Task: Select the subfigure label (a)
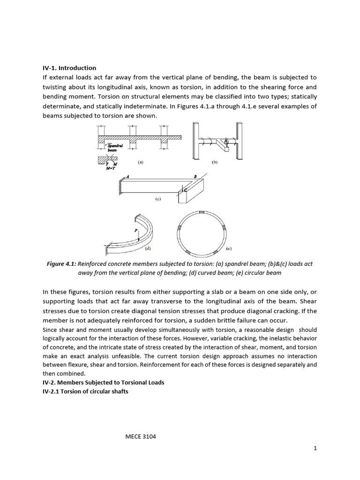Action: tap(140, 163)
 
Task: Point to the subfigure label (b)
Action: tap(215, 163)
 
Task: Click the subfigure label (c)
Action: tap(158, 199)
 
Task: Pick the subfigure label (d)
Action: tap(148, 247)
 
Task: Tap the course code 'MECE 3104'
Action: tap(140, 436)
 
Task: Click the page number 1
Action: tap(315, 448)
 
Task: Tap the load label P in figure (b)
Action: tap(225, 140)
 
